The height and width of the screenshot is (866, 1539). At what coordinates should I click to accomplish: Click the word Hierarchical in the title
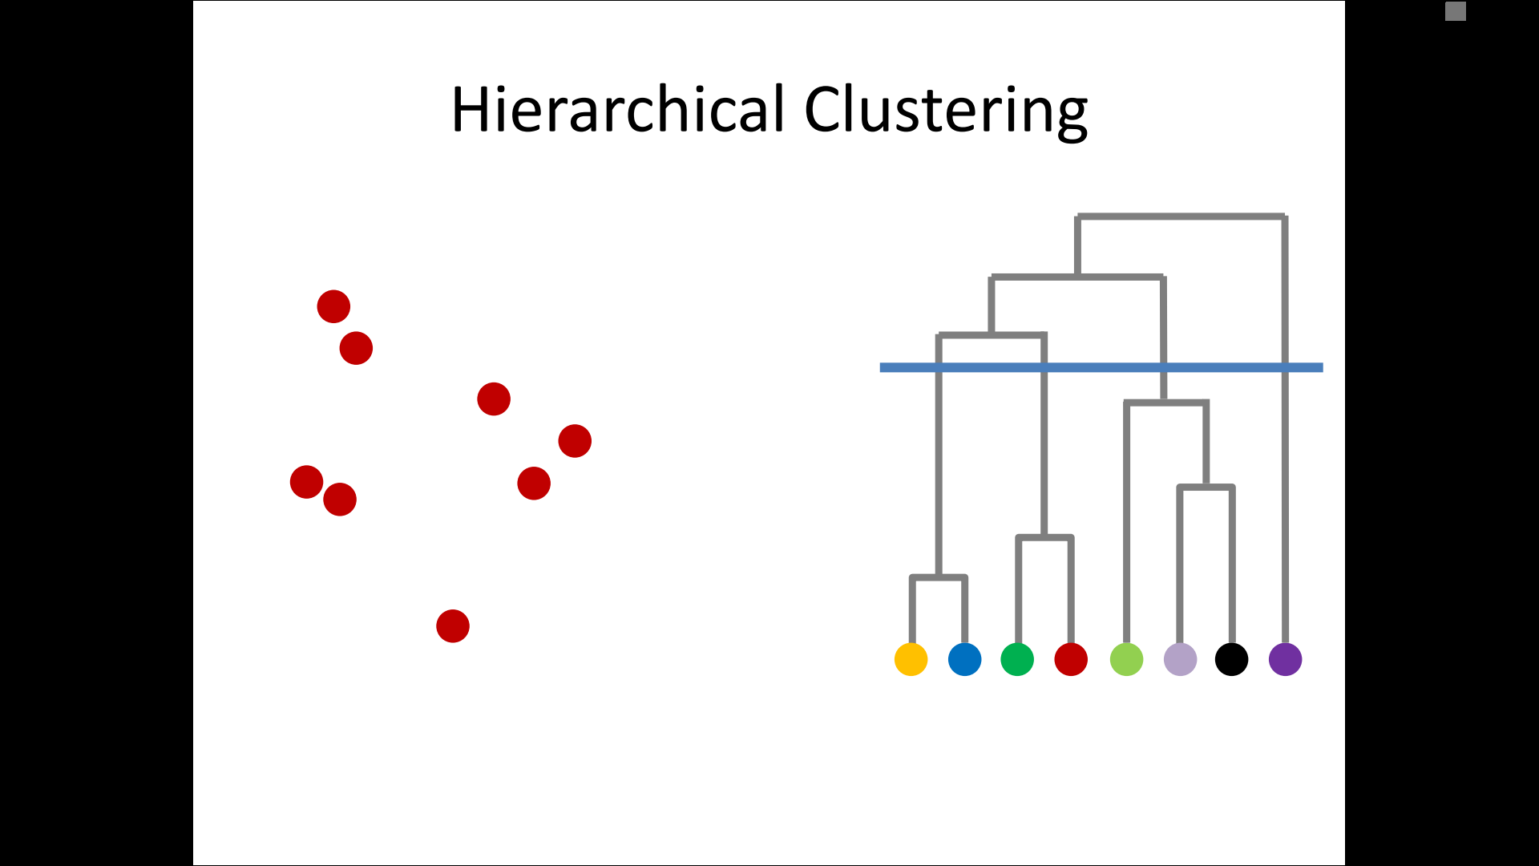click(618, 110)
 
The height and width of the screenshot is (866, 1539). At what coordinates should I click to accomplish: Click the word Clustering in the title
click(946, 111)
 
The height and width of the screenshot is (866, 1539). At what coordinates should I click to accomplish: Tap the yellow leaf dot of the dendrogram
click(911, 659)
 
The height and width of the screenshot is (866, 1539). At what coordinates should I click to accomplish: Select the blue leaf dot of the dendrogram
click(964, 659)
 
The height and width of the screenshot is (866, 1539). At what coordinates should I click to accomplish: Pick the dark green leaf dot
click(1017, 659)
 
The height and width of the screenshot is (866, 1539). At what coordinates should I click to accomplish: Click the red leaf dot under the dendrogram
click(1071, 659)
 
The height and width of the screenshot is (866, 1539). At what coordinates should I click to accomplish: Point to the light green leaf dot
click(1126, 659)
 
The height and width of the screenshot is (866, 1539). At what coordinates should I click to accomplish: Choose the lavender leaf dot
click(1180, 659)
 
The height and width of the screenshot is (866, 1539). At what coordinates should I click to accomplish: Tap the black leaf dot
click(1231, 659)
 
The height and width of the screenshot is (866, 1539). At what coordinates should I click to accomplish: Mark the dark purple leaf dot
click(1285, 659)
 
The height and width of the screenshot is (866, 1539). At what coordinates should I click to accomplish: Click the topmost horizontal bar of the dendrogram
click(1181, 216)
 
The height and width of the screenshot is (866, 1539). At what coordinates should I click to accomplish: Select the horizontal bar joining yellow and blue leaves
click(939, 577)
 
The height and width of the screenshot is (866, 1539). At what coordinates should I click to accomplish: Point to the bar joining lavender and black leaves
click(1206, 487)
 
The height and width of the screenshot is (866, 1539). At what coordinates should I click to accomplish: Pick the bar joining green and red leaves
click(1044, 537)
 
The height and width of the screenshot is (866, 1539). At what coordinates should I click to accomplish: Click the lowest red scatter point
click(453, 625)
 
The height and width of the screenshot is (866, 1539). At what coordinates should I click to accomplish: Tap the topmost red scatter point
click(333, 306)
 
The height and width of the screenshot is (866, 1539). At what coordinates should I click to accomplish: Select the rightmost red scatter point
click(575, 441)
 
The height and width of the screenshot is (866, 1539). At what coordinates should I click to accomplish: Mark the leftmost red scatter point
click(306, 482)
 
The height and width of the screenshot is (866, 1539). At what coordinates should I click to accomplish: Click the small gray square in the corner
click(1456, 11)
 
